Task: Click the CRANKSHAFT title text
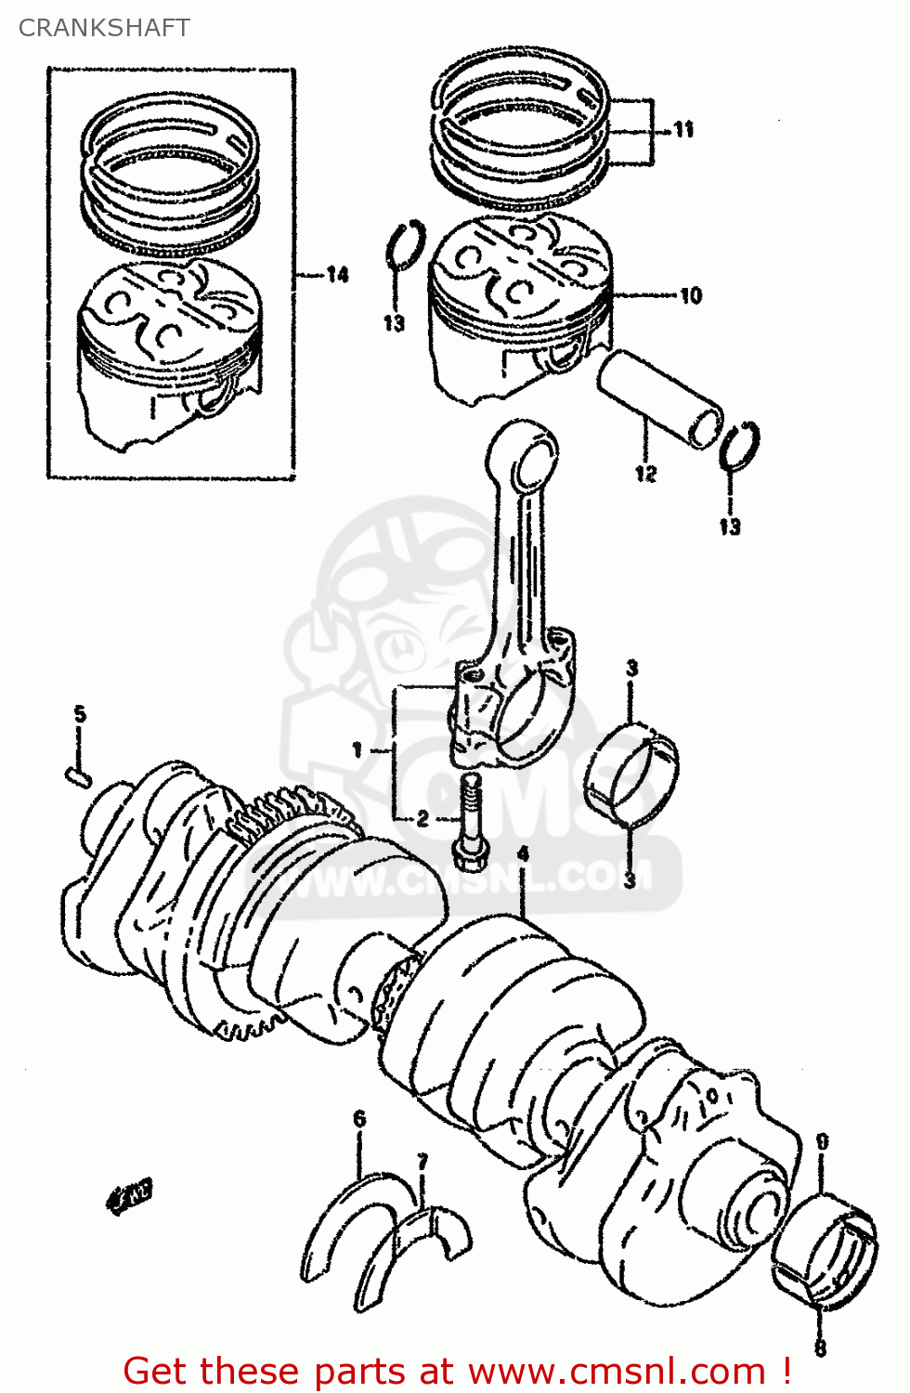click(104, 28)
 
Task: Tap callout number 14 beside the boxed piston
click(337, 274)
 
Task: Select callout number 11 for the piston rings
click(683, 130)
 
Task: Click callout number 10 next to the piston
click(691, 296)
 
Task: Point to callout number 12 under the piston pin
click(645, 474)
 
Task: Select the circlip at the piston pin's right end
click(740, 446)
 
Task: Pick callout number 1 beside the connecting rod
click(357, 749)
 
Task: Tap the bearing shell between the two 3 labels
click(631, 775)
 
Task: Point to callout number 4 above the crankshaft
click(523, 853)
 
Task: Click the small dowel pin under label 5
click(77, 775)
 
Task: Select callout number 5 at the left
click(80, 714)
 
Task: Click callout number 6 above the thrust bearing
click(359, 1119)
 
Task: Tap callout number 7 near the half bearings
click(422, 1162)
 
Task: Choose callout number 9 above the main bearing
click(822, 1141)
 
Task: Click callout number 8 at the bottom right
click(820, 1346)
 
